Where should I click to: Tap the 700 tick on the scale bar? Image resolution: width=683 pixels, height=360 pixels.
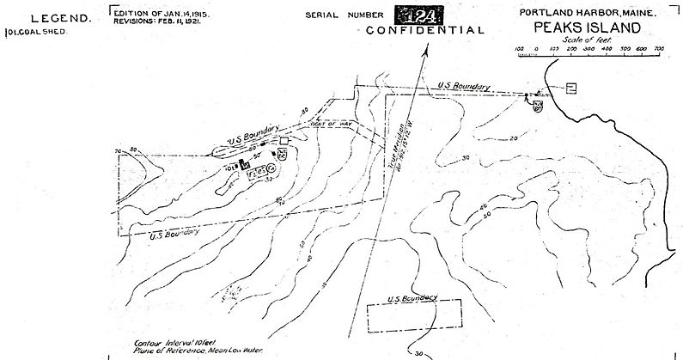(x=659, y=49)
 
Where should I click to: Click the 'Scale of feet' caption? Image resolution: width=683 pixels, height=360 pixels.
(x=585, y=40)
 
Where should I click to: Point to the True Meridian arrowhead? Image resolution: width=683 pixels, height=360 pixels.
(x=425, y=51)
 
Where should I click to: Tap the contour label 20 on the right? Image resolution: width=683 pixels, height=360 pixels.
(x=513, y=138)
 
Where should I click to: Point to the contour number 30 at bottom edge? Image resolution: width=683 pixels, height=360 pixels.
(x=419, y=352)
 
